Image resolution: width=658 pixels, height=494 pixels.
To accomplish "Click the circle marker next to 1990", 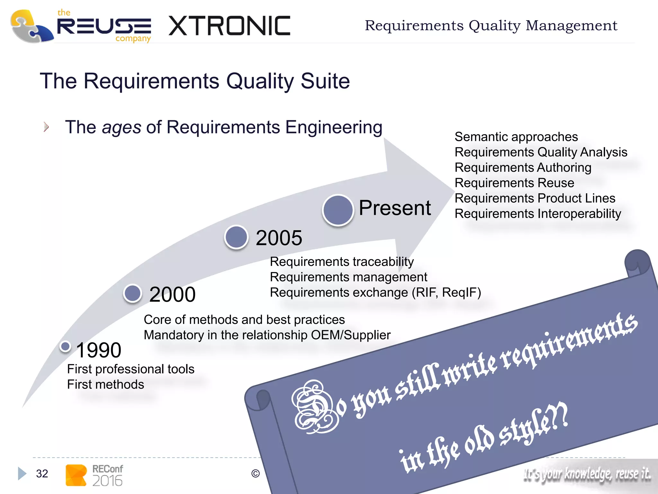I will coord(66,346).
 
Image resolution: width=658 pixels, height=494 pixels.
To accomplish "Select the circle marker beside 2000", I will coord(133,293).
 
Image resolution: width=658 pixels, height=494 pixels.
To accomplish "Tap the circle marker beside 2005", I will coord(236,237).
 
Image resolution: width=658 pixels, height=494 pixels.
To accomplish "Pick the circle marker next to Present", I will coord(338,210).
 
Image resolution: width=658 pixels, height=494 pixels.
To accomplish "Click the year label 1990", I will coord(99,350).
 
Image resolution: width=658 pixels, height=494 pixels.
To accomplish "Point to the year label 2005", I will coord(279,238).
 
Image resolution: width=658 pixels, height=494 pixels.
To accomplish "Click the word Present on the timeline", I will coord(395,208).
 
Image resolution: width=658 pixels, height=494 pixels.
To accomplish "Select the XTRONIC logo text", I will coord(229,26).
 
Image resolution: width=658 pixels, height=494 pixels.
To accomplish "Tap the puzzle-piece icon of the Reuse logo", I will coord(31,26).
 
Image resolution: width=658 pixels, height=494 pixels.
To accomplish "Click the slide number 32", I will coord(42,473).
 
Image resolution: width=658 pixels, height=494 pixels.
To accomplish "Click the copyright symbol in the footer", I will coord(255,473).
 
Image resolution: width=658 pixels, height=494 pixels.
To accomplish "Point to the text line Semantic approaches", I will coord(516,137).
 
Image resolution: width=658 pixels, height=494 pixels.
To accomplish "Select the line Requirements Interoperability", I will coord(538,214).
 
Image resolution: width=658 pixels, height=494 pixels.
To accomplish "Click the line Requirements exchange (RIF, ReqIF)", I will coord(375,293).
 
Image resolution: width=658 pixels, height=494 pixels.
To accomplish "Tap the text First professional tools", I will coord(130,369).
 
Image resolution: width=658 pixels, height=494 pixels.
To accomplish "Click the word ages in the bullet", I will coord(121,127).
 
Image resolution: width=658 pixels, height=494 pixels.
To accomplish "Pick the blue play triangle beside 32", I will coord(22,473).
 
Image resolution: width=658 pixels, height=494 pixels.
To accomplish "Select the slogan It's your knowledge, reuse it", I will coord(587,474).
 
